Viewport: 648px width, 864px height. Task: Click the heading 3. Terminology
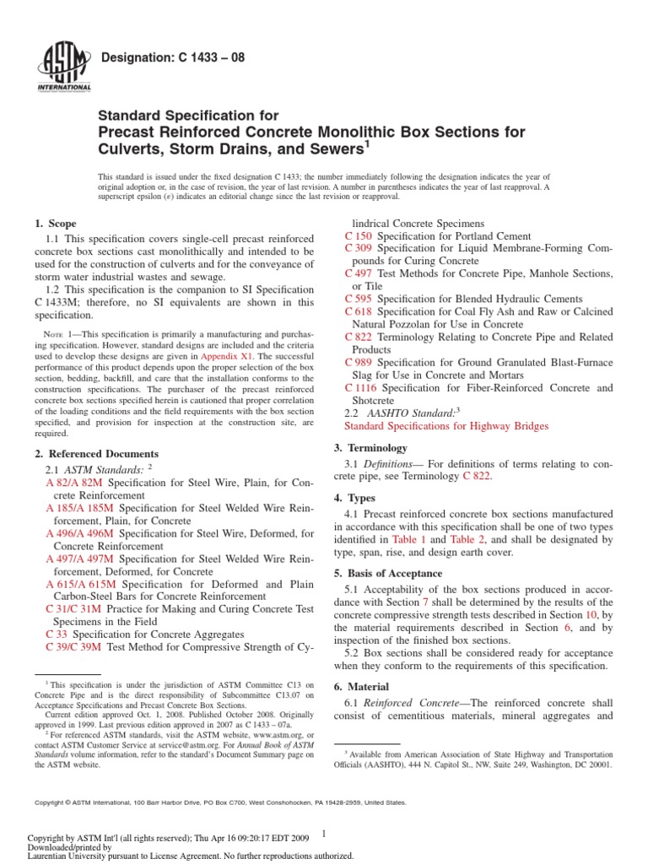point(372,448)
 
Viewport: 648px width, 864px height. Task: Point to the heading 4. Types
point(358,498)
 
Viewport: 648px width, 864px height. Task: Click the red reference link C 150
point(359,236)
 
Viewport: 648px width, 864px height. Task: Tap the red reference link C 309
point(359,249)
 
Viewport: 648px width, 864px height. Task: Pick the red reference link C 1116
point(362,388)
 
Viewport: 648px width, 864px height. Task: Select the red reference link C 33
point(56,634)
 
